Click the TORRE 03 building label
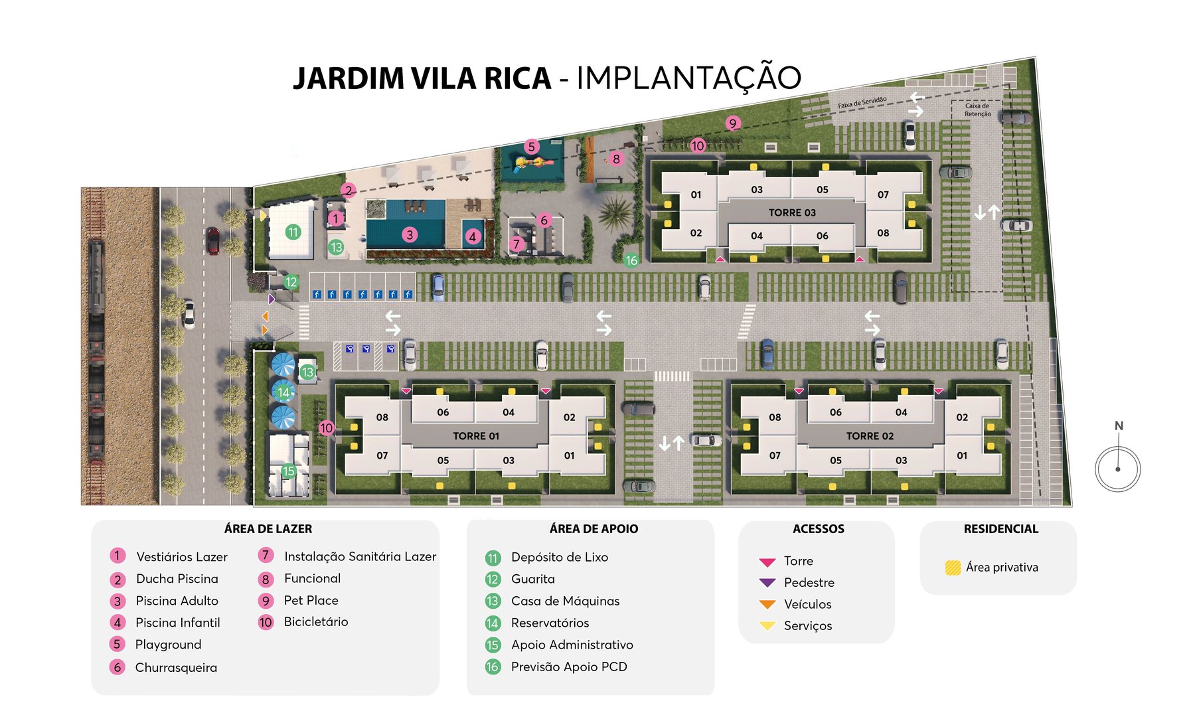(x=792, y=212)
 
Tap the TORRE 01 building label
(x=476, y=436)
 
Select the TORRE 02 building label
(x=870, y=436)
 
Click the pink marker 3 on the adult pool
(x=410, y=234)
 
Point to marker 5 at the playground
(x=531, y=147)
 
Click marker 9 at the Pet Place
(x=733, y=123)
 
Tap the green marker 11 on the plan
(x=293, y=232)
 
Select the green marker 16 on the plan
(x=631, y=261)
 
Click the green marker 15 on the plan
(x=288, y=471)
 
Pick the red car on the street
(x=212, y=240)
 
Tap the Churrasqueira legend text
(x=176, y=668)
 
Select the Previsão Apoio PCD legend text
(x=569, y=667)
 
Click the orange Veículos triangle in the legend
(x=767, y=604)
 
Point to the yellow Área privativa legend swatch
(x=953, y=568)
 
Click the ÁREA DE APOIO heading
(x=594, y=529)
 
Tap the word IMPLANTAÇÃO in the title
(x=688, y=78)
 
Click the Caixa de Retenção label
(x=977, y=110)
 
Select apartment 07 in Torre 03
(x=883, y=195)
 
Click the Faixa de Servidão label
(x=862, y=102)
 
